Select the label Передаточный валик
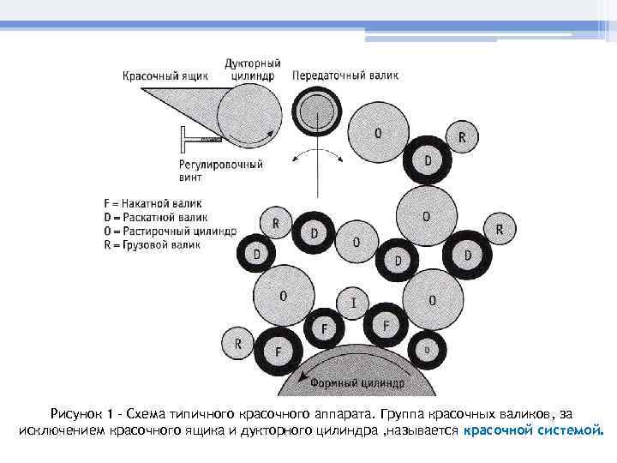pos(345,75)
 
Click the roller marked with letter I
pos(354,302)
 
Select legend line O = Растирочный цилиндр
pos(169,231)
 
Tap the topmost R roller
pos(463,136)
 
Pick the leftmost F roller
pos(277,352)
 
